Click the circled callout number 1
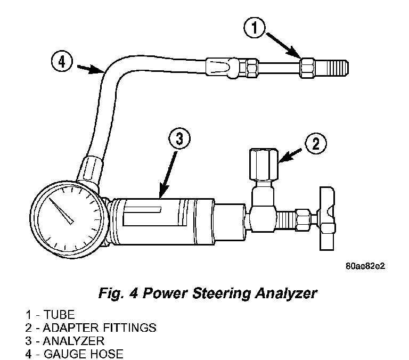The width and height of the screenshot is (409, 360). point(255,28)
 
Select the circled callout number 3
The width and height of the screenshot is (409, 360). point(180,140)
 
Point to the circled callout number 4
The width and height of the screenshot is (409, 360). point(62,62)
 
